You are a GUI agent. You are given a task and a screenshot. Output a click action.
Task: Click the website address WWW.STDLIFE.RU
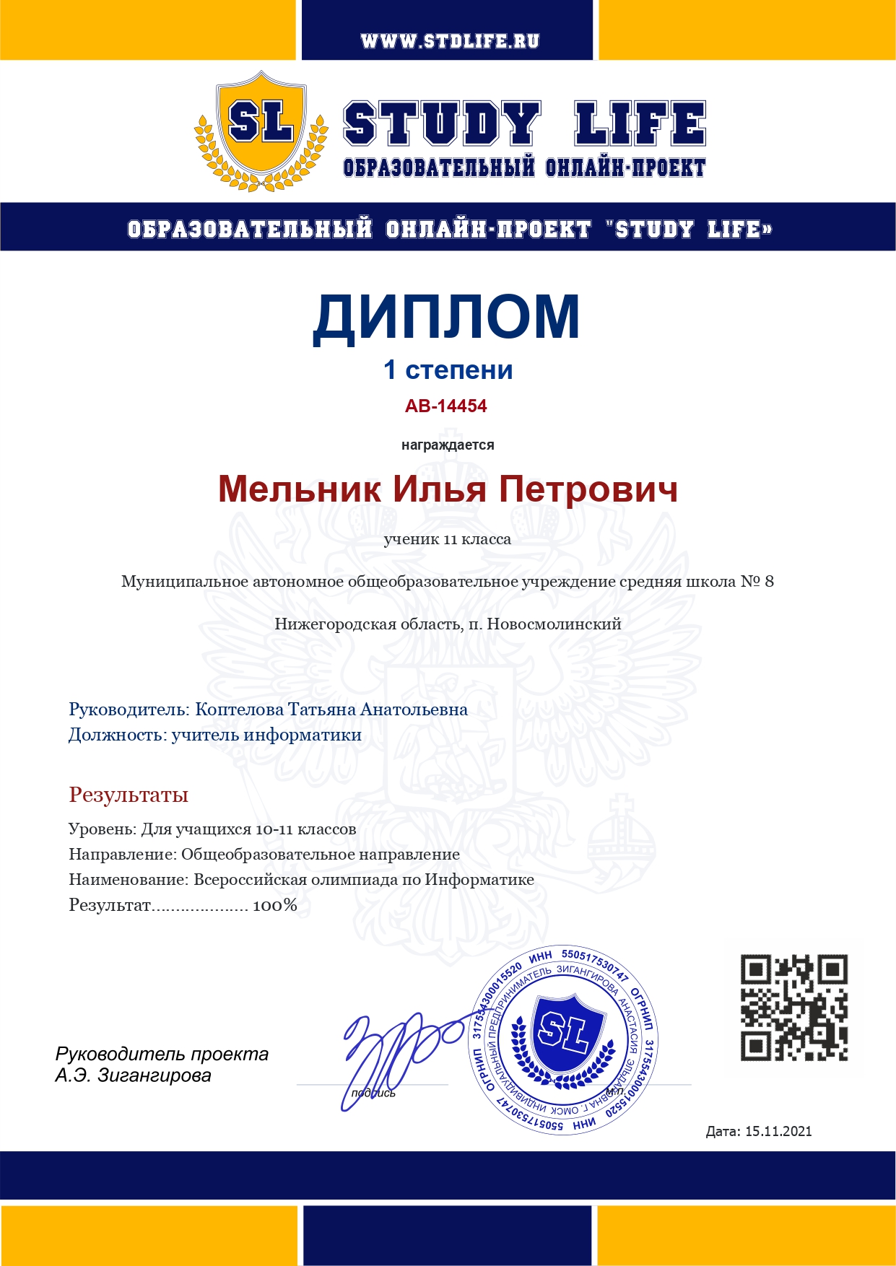450,41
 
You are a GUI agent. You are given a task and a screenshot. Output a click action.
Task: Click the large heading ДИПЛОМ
447,317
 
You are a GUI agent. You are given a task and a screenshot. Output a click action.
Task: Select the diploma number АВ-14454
446,406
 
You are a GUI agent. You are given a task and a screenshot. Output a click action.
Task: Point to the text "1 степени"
448,370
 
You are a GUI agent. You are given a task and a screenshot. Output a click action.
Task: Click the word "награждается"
448,445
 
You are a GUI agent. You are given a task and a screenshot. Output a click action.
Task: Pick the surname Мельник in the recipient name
300,489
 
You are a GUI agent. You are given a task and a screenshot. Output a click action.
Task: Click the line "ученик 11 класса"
448,539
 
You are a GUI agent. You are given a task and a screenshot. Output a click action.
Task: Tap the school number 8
769,582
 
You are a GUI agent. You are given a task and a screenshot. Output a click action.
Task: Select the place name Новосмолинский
554,624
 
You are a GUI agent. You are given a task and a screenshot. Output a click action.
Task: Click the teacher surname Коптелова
240,710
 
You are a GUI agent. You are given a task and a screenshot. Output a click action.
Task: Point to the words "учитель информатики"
266,735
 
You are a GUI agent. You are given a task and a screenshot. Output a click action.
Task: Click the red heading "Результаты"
129,795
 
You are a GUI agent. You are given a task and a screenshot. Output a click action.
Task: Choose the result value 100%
275,905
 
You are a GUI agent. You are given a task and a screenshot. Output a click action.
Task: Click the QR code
794,1008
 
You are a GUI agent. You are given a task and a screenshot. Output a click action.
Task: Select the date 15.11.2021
778,1131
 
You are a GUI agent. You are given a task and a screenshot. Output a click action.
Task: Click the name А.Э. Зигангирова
134,1075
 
